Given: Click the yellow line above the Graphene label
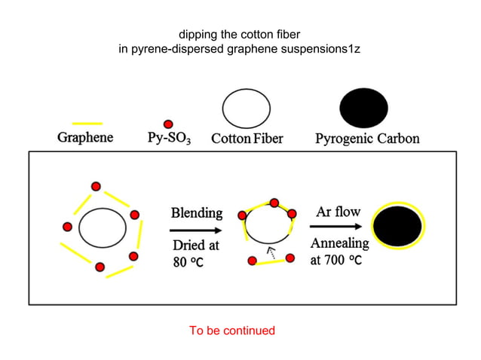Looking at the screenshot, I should tap(87, 123).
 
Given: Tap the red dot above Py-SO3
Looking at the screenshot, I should tap(168, 124).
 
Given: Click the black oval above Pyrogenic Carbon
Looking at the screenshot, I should tap(363, 108).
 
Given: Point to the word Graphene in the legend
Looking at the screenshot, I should tap(85, 138).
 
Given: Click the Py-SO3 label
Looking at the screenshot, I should tap(169, 139).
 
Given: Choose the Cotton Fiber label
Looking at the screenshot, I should tap(247, 139).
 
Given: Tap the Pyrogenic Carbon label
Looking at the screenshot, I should tap(367, 139).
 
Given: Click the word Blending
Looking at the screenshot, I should tap(197, 212).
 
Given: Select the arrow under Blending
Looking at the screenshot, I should tap(197, 230).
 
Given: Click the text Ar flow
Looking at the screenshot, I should tap(338, 212).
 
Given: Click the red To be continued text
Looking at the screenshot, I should tap(231, 331).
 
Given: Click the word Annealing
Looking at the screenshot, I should tap(340, 243).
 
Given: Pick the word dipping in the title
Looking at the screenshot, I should tap(197, 35).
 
